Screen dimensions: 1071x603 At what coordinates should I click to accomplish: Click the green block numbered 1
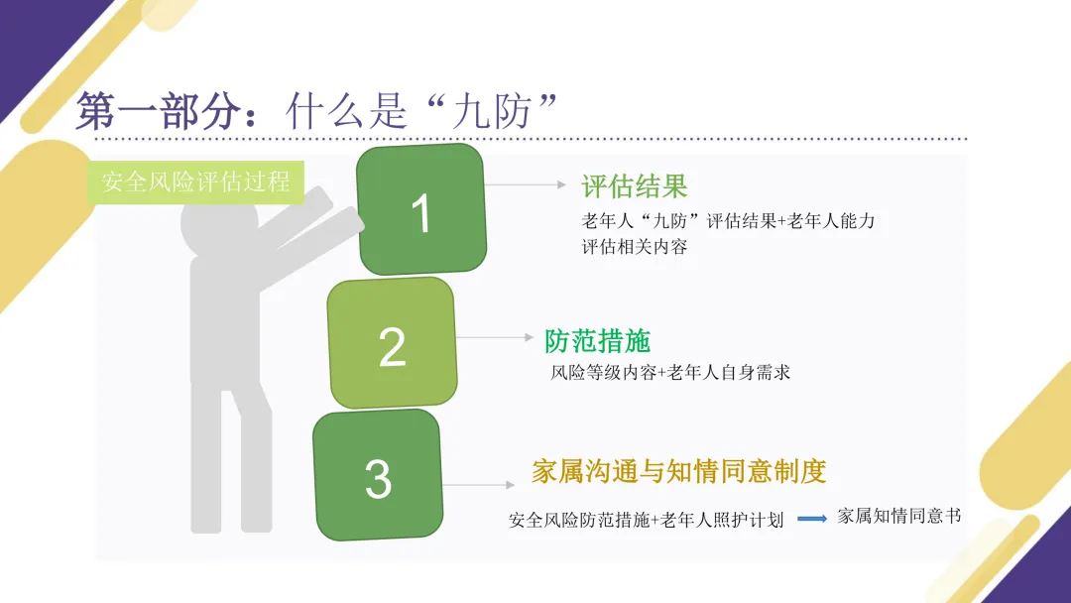tap(421, 209)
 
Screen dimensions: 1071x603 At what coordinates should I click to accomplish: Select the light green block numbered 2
tap(392, 343)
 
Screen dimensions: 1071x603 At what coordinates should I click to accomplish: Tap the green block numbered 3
tap(378, 476)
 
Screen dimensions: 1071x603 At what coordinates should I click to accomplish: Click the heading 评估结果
tap(634, 186)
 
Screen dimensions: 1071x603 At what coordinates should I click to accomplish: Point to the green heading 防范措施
tap(597, 340)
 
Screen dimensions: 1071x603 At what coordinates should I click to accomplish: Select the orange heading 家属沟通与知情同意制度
tap(678, 471)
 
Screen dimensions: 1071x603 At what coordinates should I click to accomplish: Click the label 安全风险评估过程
tap(195, 181)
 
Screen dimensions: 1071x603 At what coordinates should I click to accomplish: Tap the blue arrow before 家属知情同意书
tap(812, 519)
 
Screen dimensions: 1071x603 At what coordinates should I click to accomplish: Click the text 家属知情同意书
tap(898, 517)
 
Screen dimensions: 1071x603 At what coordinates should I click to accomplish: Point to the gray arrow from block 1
tap(527, 184)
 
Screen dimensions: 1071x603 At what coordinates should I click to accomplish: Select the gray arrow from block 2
tap(495, 337)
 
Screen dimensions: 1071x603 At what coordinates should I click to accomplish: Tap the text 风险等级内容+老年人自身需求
tap(670, 373)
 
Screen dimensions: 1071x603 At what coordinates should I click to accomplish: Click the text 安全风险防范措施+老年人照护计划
tap(646, 520)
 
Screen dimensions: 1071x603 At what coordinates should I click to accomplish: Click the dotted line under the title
tap(595, 140)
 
